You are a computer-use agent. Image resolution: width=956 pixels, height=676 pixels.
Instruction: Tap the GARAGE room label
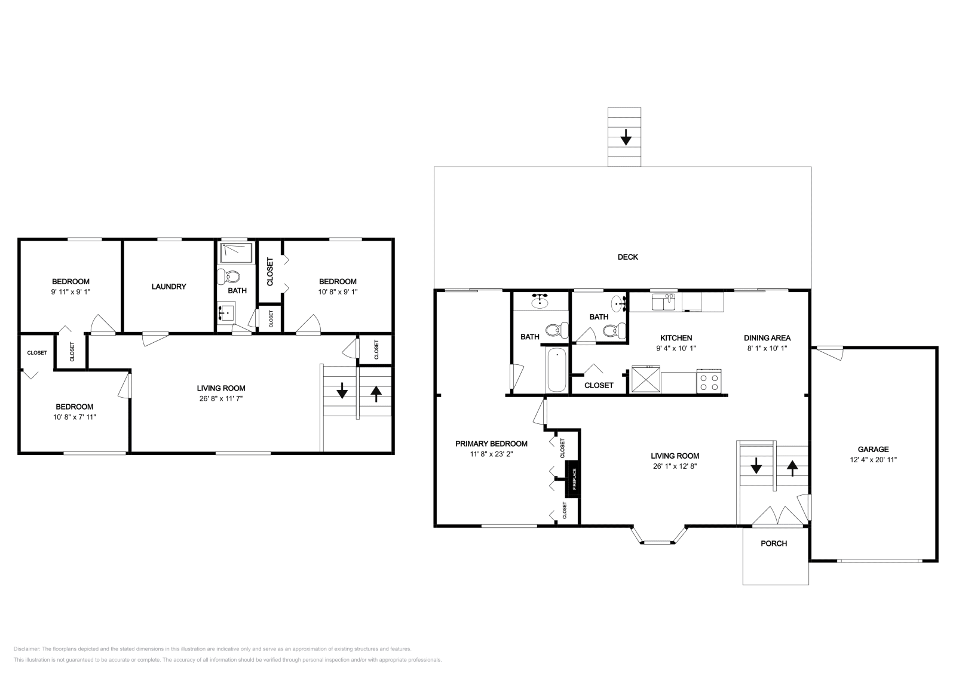(873, 449)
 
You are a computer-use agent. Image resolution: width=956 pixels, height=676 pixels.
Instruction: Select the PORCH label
(774, 543)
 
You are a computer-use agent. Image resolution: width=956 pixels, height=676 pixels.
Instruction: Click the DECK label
(628, 257)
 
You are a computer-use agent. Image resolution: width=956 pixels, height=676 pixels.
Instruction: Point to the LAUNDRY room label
(168, 287)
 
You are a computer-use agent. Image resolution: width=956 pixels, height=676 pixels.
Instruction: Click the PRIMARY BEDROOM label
(491, 444)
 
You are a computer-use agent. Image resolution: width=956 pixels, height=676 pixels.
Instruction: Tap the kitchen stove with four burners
(709, 381)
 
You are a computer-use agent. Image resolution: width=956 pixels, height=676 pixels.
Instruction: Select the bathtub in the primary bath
(556, 370)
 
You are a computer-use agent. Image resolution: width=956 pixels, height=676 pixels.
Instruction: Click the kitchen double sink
(663, 302)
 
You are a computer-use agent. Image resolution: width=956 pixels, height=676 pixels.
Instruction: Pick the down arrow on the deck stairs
(626, 137)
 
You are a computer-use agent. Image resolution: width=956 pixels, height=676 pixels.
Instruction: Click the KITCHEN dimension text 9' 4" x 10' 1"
(676, 348)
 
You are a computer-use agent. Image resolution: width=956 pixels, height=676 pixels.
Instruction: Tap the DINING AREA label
(767, 338)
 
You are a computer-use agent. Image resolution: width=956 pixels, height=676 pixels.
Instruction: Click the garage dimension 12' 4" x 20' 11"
(873, 460)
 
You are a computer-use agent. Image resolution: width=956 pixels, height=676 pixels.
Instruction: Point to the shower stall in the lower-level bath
(236, 253)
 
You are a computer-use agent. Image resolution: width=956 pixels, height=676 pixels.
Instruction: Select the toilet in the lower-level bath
(228, 276)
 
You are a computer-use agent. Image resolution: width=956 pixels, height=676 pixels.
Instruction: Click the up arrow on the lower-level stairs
(376, 394)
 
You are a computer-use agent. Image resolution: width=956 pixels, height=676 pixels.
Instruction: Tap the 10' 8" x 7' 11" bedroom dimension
(74, 417)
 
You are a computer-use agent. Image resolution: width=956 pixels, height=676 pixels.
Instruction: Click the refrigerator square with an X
(646, 379)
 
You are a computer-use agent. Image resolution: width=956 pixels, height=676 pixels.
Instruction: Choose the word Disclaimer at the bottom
(26, 649)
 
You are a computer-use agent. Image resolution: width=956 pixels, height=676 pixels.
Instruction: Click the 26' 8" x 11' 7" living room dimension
(221, 398)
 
